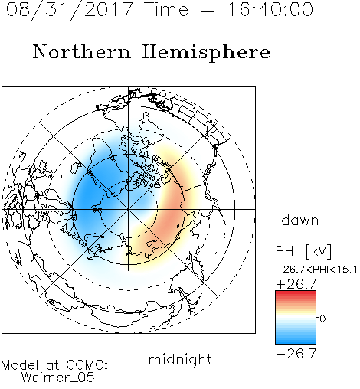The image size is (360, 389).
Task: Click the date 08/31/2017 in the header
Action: pyautogui.click(x=70, y=10)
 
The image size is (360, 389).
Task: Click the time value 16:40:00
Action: pyautogui.click(x=270, y=9)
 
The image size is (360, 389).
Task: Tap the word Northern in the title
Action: pyautogui.click(x=82, y=52)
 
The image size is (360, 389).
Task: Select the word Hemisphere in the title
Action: pyautogui.click(x=206, y=53)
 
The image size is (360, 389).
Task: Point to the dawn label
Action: pyautogui.click(x=300, y=220)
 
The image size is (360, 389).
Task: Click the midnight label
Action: pyautogui.click(x=180, y=360)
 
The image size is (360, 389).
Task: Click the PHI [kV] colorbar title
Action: pyautogui.click(x=303, y=251)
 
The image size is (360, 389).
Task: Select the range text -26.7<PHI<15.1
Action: pyautogui.click(x=316, y=270)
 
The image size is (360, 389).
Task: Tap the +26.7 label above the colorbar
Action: pyautogui.click(x=296, y=284)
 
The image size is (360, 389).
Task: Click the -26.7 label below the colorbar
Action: pyautogui.click(x=296, y=354)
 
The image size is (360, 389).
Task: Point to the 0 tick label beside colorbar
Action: pyautogui.click(x=322, y=319)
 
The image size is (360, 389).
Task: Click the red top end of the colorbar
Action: pyautogui.click(x=296, y=293)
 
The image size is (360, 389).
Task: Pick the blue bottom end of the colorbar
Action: pyautogui.click(x=296, y=342)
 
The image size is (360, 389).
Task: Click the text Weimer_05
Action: pyautogui.click(x=58, y=378)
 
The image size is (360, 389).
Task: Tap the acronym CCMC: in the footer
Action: pyautogui.click(x=87, y=365)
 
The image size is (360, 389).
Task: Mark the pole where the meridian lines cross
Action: pyautogui.click(x=129, y=209)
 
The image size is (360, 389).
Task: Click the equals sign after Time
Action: pyautogui.click(x=208, y=10)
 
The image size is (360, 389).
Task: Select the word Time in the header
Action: pyautogui.click(x=166, y=9)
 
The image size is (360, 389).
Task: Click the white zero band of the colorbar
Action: pyautogui.click(x=296, y=318)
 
